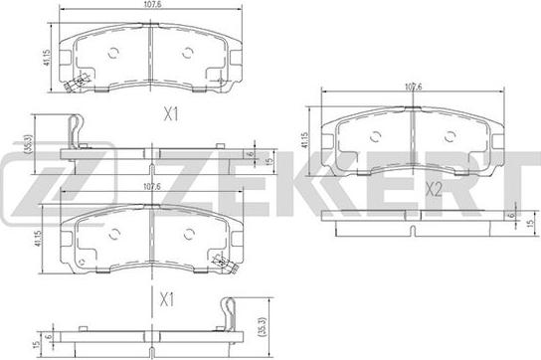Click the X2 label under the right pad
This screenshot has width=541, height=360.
pos(434,189)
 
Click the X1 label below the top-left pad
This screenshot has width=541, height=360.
pos(171,114)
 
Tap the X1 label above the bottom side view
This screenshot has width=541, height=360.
pos(167,299)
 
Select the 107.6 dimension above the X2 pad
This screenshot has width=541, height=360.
pos(413,87)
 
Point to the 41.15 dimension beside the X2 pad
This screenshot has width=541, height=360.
pos(304,140)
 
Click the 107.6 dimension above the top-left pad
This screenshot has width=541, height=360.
pos(152,4)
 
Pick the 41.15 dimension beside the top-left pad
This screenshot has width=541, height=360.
pos(47,58)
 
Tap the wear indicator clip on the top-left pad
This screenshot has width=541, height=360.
pos(77,83)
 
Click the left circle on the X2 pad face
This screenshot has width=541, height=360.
pos(375,136)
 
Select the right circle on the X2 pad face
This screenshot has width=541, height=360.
pos(450,136)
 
